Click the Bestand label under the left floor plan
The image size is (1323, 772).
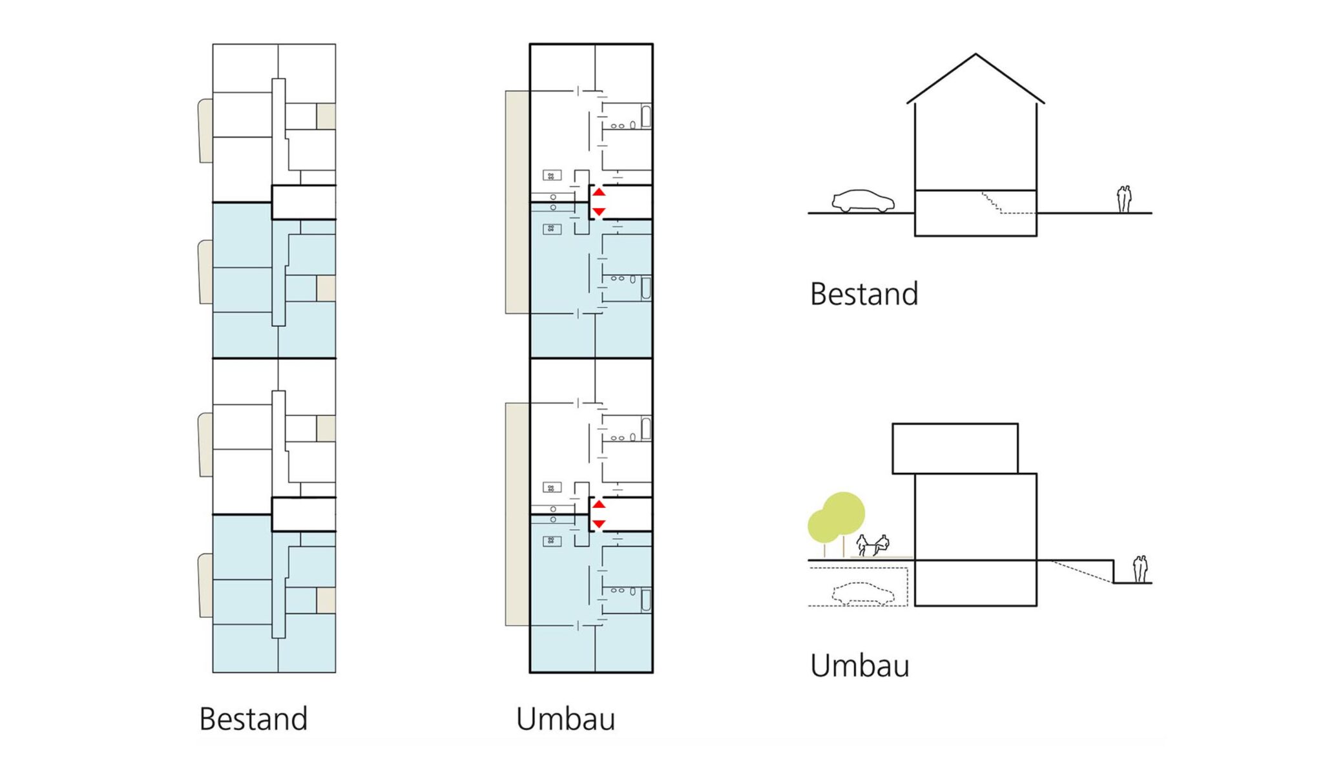click(253, 719)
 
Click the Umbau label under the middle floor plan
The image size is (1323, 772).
click(565, 719)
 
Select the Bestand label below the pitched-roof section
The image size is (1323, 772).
click(864, 294)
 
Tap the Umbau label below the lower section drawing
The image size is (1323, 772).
click(860, 666)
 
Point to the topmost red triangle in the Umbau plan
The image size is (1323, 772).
click(599, 192)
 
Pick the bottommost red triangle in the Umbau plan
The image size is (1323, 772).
click(599, 524)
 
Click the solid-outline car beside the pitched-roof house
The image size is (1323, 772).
click(863, 201)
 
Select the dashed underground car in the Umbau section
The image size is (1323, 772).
click(863, 594)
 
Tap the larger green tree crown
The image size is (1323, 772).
click(844, 514)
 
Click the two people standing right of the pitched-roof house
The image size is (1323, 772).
click(1125, 199)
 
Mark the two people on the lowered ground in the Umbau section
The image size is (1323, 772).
click(1141, 569)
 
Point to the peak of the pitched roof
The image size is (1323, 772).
click(975, 54)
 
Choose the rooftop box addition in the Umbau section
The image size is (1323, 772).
click(955, 448)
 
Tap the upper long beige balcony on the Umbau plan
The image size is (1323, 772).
click(517, 202)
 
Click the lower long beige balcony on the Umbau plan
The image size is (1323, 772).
click(517, 514)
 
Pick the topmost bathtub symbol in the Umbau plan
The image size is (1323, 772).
click(645, 117)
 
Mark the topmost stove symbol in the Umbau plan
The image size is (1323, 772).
click(552, 175)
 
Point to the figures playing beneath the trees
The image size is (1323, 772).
click(873, 545)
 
